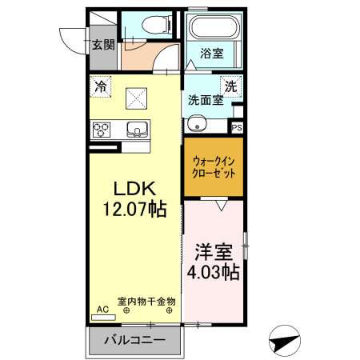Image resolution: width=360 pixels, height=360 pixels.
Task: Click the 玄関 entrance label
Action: [102, 44]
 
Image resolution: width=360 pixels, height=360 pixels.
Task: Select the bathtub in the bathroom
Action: [212, 29]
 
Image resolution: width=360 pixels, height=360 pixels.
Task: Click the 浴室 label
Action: [212, 54]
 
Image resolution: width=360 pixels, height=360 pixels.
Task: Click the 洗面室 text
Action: [205, 101]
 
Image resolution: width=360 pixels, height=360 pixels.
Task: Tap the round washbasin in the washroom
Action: [197, 123]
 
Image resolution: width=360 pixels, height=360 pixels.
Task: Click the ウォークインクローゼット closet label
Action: [214, 166]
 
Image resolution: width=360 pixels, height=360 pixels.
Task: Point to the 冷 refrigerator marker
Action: [101, 85]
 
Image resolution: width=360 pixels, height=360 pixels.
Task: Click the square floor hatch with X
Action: [137, 98]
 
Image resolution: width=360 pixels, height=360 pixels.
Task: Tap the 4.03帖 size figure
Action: [214, 272]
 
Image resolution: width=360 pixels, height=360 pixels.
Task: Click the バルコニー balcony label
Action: [135, 340]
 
